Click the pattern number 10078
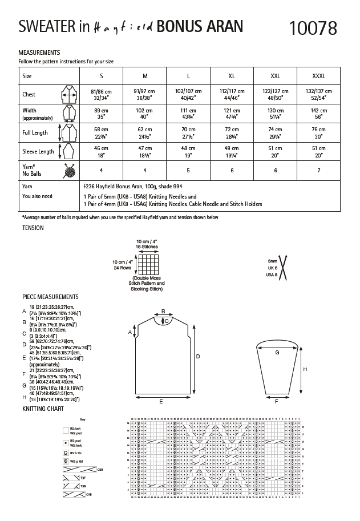(313, 27)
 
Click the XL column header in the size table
(231, 75)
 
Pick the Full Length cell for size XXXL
(319, 134)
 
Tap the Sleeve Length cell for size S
(102, 151)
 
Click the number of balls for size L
(188, 171)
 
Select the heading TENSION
(33, 228)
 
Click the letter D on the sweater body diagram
(198, 356)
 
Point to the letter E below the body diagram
(161, 402)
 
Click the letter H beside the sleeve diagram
(305, 369)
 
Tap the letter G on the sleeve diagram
(277, 353)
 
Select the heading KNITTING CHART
(43, 409)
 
